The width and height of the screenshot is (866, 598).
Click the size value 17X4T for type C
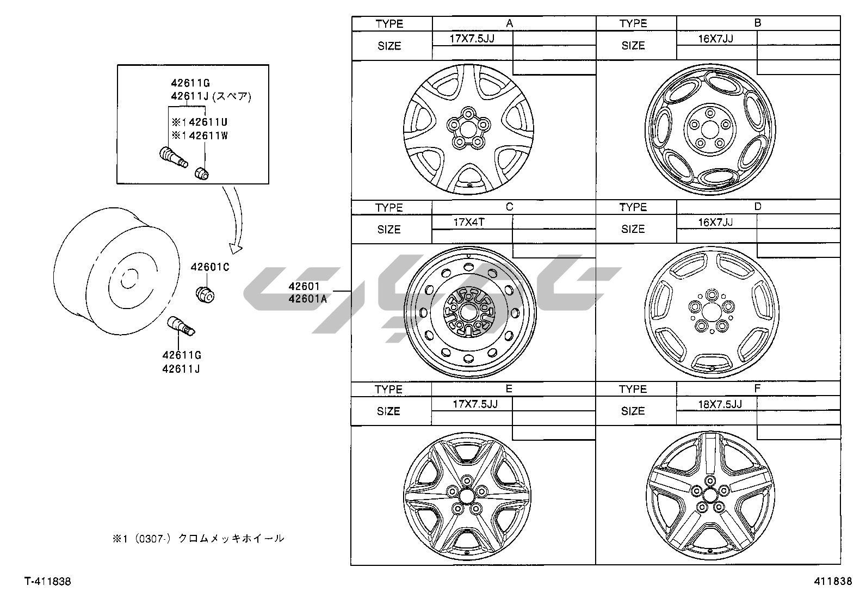click(468, 223)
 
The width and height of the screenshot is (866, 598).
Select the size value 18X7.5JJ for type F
click(720, 404)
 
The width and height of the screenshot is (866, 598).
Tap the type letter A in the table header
click(510, 23)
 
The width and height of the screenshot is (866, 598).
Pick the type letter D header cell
click(758, 207)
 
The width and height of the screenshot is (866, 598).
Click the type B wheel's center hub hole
click(710, 129)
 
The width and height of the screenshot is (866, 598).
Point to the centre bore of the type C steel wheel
click(468, 312)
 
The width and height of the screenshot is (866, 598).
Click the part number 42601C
click(210, 267)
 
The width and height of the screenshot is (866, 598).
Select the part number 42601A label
click(308, 299)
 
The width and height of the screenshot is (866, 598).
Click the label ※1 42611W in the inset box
click(200, 136)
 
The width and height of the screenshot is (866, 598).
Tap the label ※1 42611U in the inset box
click(200, 122)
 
